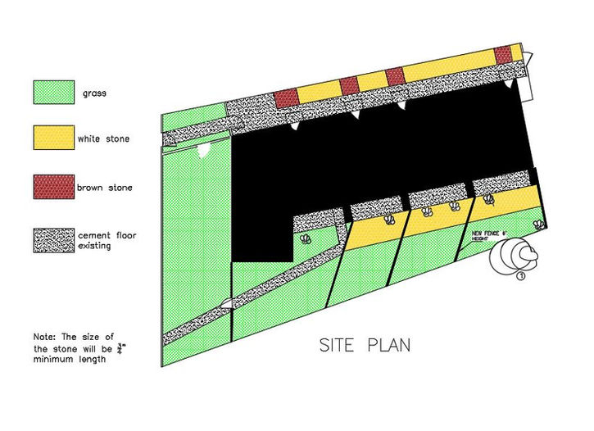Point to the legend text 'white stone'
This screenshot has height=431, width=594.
[103, 138]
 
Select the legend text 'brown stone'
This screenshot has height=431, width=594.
[104, 187]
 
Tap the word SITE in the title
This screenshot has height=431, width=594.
[338, 346]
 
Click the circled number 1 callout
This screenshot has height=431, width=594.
[521, 276]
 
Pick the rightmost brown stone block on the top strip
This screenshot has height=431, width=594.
[502, 54]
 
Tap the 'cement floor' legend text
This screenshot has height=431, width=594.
[107, 236]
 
